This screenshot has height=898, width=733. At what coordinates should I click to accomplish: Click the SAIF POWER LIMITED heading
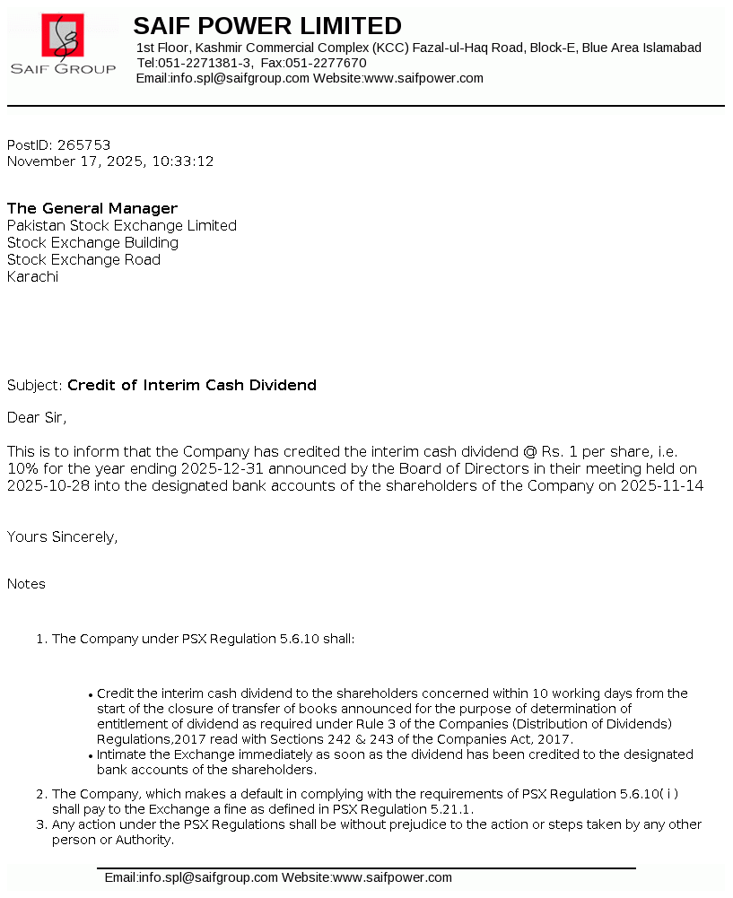[x=267, y=25]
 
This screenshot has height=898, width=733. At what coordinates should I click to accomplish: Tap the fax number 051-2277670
[x=326, y=63]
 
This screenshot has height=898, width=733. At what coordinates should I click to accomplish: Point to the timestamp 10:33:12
[x=183, y=161]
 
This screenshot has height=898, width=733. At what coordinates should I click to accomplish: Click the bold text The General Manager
[x=92, y=208]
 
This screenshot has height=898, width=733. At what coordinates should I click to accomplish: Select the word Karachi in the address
[x=33, y=276]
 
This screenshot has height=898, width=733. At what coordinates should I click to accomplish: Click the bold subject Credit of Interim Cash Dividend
[x=192, y=385]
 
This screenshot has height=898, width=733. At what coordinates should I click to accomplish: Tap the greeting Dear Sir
[x=37, y=417]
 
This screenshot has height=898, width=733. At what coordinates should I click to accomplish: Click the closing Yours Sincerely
[x=62, y=536]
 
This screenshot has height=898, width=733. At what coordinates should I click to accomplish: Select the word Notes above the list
[x=26, y=583]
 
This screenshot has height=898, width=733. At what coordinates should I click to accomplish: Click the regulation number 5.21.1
[x=453, y=809]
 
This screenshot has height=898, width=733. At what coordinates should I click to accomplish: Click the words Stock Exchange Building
[x=92, y=242]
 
